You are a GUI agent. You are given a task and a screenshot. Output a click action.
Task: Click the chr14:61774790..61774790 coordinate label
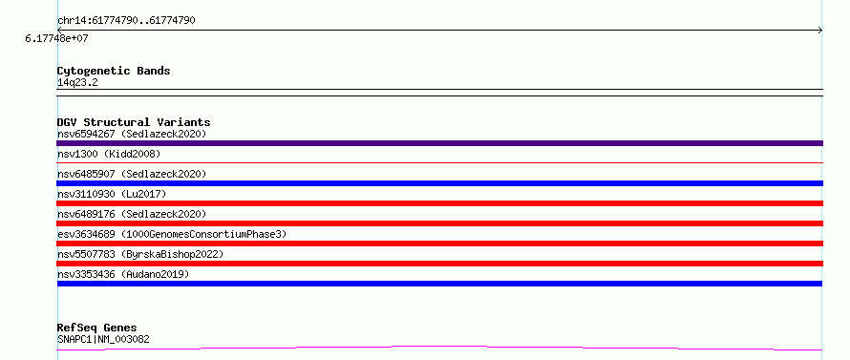pyautogui.click(x=126, y=21)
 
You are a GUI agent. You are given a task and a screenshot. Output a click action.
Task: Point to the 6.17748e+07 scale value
pyautogui.click(x=57, y=39)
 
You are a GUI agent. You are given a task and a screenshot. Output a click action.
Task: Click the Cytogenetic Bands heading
pyautogui.click(x=114, y=71)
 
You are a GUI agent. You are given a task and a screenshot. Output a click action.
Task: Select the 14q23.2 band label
pyautogui.click(x=77, y=83)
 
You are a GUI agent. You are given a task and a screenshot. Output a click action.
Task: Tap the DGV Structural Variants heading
pyautogui.click(x=134, y=122)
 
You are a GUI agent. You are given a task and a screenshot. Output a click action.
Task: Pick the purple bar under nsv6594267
pyautogui.click(x=439, y=143)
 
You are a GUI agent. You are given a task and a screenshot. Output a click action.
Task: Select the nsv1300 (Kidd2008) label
pyautogui.click(x=109, y=155)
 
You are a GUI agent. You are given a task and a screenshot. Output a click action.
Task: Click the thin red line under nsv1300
pyautogui.click(x=439, y=162)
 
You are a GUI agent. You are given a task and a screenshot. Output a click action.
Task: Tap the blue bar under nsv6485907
pyautogui.click(x=439, y=183)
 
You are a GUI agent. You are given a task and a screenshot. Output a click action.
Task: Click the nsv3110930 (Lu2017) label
pyautogui.click(x=112, y=194)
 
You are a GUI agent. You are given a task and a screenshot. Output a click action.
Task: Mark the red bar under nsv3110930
pyautogui.click(x=439, y=203)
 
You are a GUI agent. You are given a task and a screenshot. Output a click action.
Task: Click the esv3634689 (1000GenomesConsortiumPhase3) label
pyautogui.click(x=172, y=234)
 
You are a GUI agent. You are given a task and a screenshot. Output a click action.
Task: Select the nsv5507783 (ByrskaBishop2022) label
pyautogui.click(x=140, y=254)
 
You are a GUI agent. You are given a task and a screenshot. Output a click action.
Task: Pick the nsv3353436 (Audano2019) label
pyautogui.click(x=123, y=274)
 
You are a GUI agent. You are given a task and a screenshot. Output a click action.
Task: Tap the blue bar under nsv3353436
pyautogui.click(x=439, y=284)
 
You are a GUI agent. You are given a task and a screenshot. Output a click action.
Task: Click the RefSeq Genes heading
pyautogui.click(x=97, y=328)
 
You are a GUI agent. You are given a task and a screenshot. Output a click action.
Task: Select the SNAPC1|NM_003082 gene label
pyautogui.click(x=103, y=340)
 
